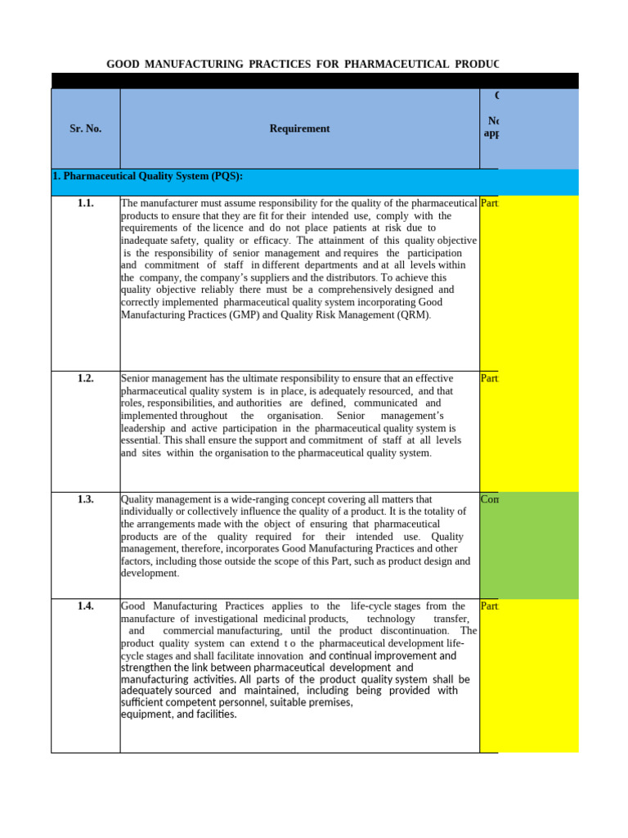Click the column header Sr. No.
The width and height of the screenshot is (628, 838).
tap(86, 128)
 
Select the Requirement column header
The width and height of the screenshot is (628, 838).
tap(299, 128)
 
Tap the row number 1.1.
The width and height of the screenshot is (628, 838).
tap(86, 203)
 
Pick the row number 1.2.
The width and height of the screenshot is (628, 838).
tap(86, 378)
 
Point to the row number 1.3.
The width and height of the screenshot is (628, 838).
tap(86, 498)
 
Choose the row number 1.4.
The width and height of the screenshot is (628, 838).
tap(86, 606)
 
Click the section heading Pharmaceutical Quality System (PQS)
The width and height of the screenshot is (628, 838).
tap(147, 176)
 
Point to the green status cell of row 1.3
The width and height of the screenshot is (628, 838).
tap(529, 544)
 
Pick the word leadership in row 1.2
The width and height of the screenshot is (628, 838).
tap(143, 427)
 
